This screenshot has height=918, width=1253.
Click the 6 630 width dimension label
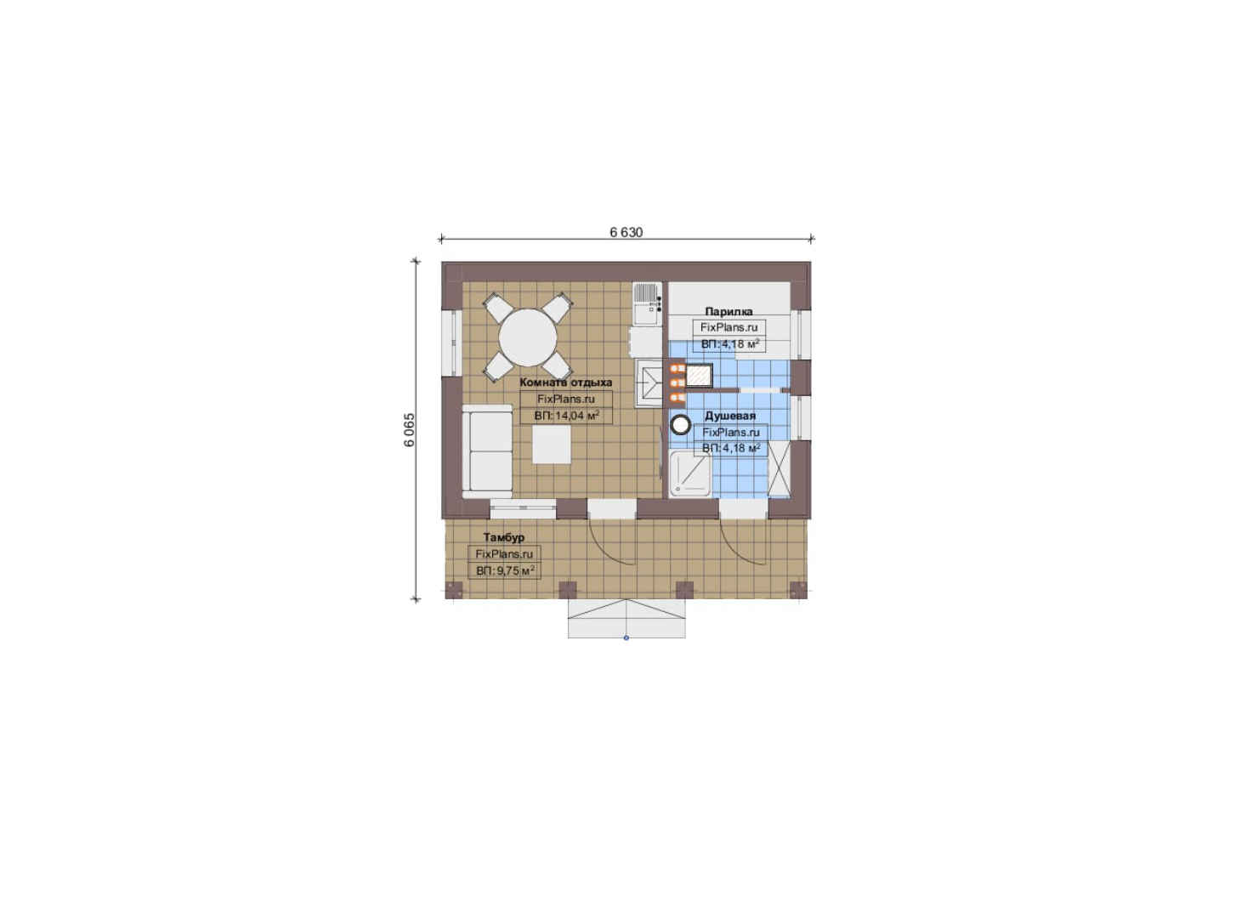(x=626, y=232)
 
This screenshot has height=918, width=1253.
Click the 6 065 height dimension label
(x=410, y=429)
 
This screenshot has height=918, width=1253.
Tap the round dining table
(x=528, y=338)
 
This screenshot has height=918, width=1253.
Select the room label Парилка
(x=729, y=312)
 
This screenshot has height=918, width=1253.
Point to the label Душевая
(x=730, y=416)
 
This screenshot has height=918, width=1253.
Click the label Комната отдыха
(x=565, y=382)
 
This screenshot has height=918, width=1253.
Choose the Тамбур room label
(x=504, y=537)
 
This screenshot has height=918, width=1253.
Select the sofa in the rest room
(x=487, y=450)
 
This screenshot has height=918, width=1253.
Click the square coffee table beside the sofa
(x=552, y=445)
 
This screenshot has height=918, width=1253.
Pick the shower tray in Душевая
(x=690, y=474)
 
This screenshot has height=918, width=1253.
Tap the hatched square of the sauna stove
(x=698, y=376)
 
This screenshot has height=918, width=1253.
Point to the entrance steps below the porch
(x=626, y=618)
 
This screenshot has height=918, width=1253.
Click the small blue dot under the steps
(x=626, y=637)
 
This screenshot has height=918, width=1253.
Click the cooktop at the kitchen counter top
(x=647, y=303)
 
